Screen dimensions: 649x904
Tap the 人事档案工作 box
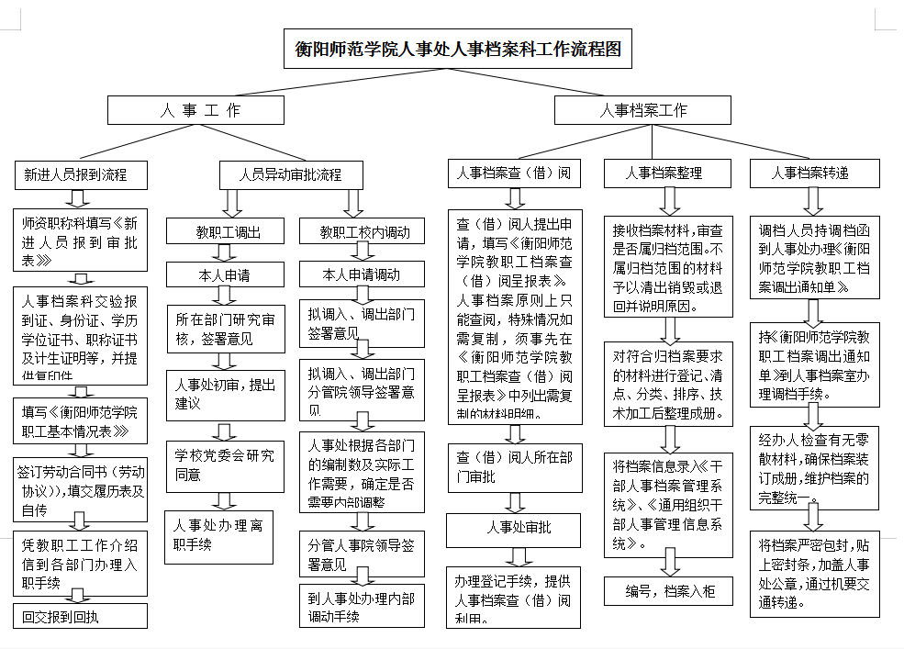pyautogui.click(x=642, y=110)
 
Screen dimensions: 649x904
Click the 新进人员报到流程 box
pyautogui.click(x=75, y=173)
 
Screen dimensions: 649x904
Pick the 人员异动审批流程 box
pyautogui.click(x=289, y=173)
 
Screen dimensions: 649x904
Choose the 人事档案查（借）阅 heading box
pyautogui.click(x=515, y=173)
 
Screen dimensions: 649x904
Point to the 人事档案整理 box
pyautogui.click(x=664, y=173)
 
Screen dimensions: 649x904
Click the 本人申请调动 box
pyautogui.click(x=362, y=274)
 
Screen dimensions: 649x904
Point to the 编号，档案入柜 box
pyautogui.click(x=669, y=591)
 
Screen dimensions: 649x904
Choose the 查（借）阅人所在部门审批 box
pyautogui.click(x=515, y=465)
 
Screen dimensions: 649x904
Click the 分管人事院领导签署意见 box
pyautogui.click(x=361, y=554)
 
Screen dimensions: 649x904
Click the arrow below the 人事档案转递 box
pyautogui.click(x=813, y=199)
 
